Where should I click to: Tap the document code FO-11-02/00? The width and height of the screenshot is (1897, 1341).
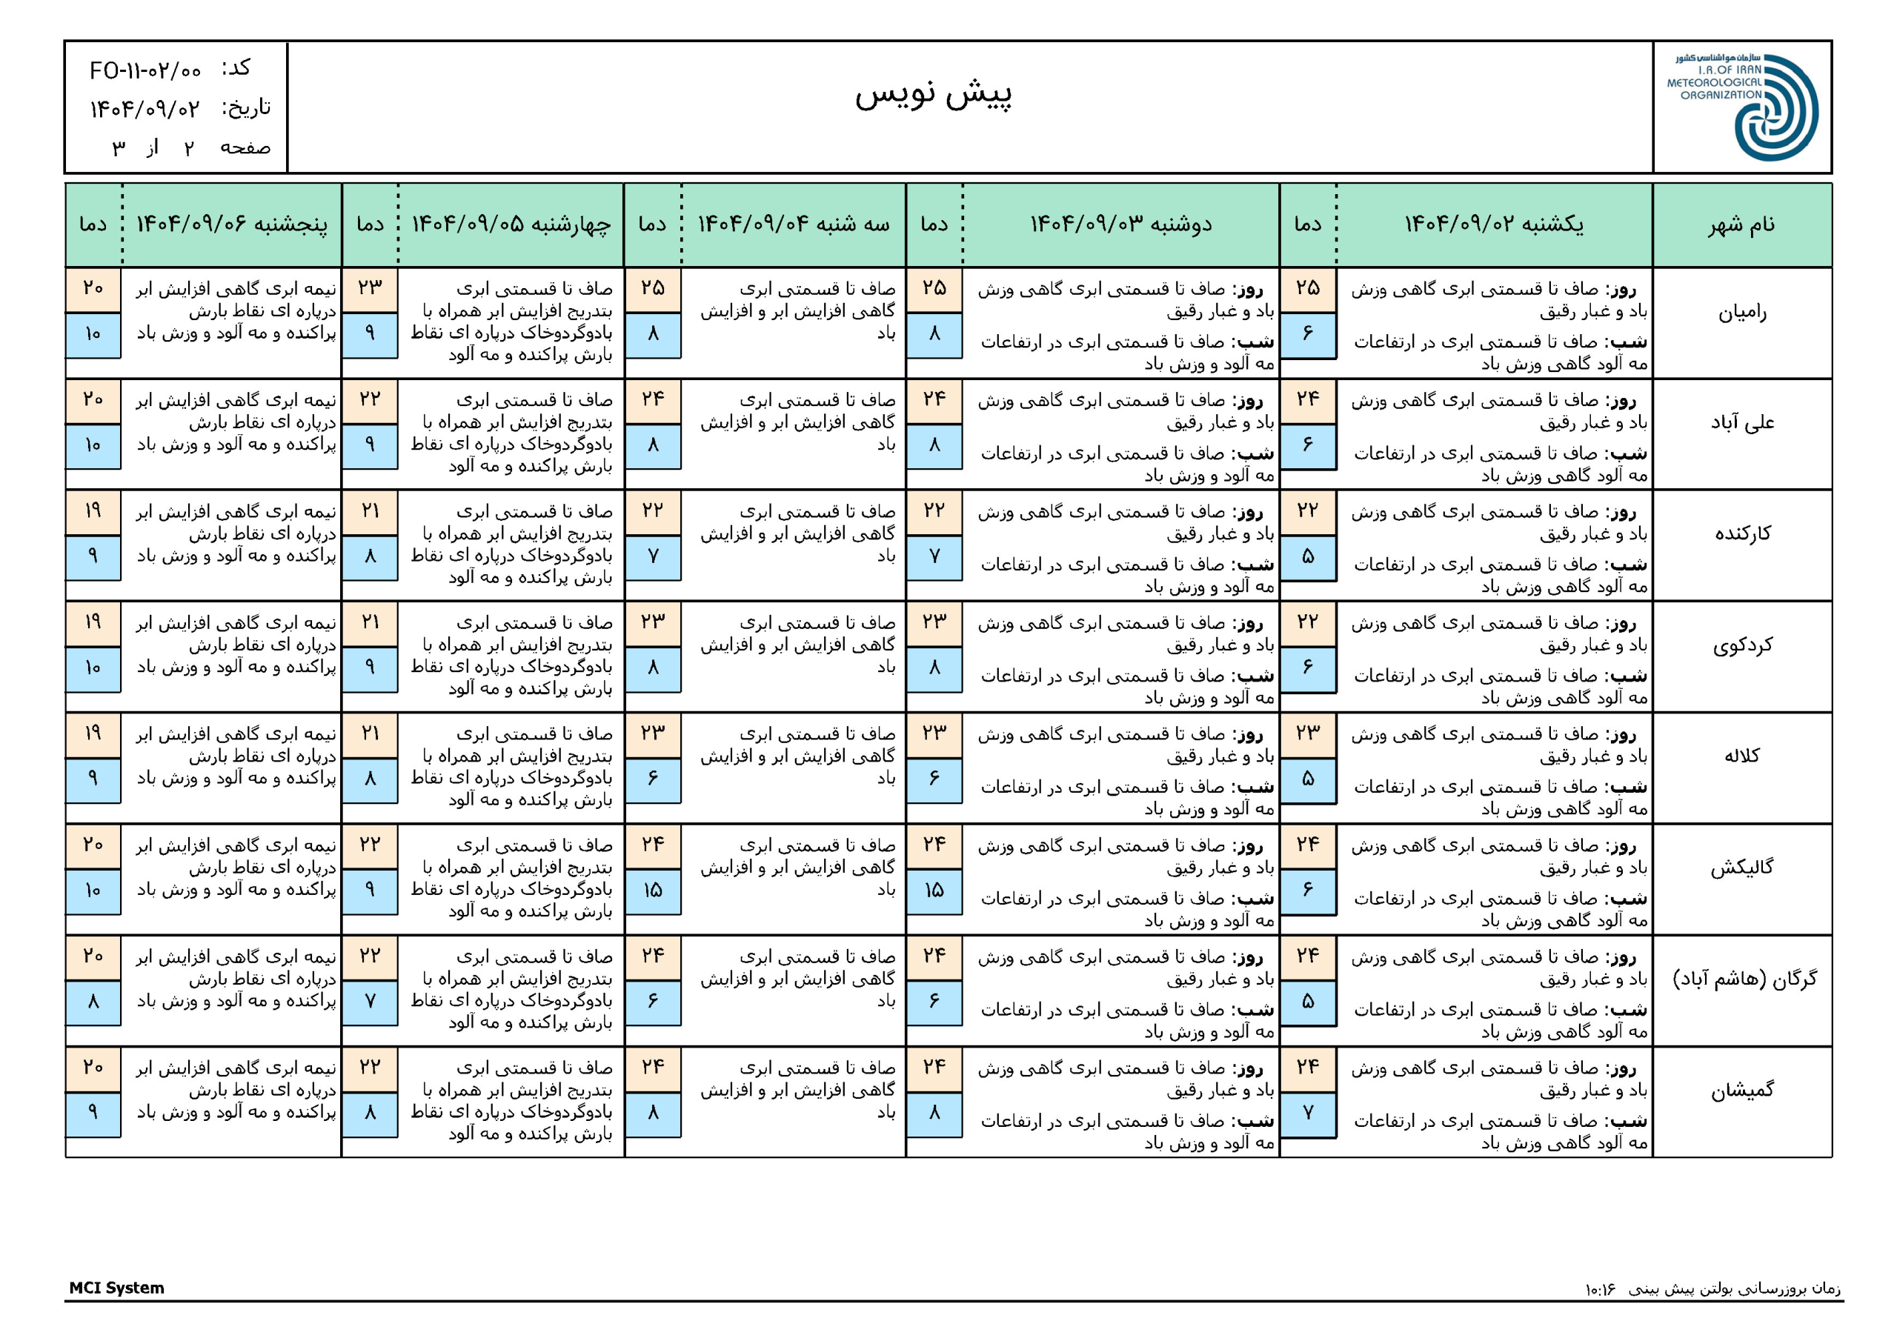click(145, 71)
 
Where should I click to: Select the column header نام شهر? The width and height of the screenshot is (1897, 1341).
click(1741, 224)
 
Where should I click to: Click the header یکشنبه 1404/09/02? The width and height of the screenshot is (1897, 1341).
click(1494, 224)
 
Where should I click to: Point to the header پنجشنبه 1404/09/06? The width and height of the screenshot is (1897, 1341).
click(232, 224)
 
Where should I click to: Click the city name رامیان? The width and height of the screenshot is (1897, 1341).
click(1741, 313)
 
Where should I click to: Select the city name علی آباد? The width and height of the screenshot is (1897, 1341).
click(1741, 423)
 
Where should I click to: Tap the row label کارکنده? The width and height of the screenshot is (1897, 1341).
click(1741, 533)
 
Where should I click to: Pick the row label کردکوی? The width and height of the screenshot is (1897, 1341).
click(1741, 645)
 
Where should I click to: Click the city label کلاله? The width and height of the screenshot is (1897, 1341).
click(1741, 756)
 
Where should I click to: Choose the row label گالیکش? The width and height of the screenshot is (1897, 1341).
click(1741, 868)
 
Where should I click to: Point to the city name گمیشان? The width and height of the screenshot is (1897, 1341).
click(1741, 1091)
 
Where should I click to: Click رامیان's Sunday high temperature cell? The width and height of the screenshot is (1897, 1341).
click(1307, 288)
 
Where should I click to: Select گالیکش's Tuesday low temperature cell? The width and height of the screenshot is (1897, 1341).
click(653, 890)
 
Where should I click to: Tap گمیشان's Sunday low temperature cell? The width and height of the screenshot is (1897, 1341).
click(1307, 1113)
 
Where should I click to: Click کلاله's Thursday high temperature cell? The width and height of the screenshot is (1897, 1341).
click(93, 733)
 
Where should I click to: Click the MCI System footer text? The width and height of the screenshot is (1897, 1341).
click(116, 1288)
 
